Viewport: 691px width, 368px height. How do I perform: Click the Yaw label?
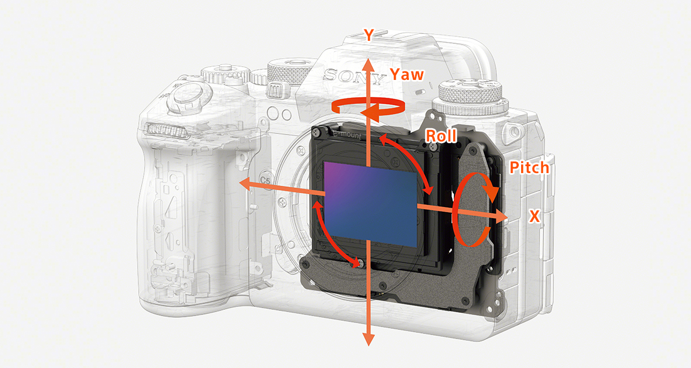click(x=407, y=75)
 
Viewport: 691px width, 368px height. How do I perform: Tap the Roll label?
click(x=441, y=136)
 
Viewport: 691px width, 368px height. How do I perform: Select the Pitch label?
click(x=529, y=168)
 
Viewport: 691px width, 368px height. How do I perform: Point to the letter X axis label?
click(x=534, y=216)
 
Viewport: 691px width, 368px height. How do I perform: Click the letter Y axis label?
click(x=369, y=35)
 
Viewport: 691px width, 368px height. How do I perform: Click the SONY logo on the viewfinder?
click(x=354, y=76)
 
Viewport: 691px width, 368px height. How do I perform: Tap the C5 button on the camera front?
click(x=265, y=180)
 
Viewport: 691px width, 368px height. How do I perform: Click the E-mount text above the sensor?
click(x=347, y=135)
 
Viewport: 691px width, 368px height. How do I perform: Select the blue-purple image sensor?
click(x=370, y=204)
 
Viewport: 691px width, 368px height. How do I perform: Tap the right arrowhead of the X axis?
click(x=502, y=218)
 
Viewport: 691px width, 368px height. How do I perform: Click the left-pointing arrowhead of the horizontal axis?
click(x=245, y=184)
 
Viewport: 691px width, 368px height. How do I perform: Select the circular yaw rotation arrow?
click(x=368, y=106)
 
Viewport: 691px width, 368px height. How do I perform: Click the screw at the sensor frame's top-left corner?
click(x=317, y=133)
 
